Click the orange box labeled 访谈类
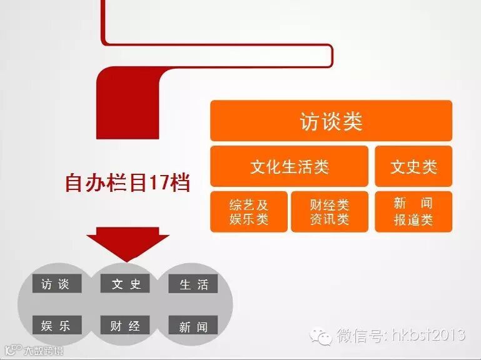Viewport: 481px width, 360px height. [331, 121]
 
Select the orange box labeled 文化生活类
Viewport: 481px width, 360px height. [289, 167]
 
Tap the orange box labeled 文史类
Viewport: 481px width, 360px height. [413, 167]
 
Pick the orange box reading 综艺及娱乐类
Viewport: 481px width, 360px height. [249, 212]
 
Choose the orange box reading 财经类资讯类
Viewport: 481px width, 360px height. [330, 212]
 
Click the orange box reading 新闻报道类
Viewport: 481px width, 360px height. [413, 212]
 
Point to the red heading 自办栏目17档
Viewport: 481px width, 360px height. [127, 183]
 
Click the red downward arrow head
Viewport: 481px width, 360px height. [128, 244]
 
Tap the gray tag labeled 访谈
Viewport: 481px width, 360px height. [56, 284]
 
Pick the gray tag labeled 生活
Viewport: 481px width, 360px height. [194, 284]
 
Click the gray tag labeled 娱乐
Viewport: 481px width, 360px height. [56, 326]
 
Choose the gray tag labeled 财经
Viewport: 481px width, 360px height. [125, 326]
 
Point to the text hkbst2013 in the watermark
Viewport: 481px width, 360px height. [429, 335]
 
